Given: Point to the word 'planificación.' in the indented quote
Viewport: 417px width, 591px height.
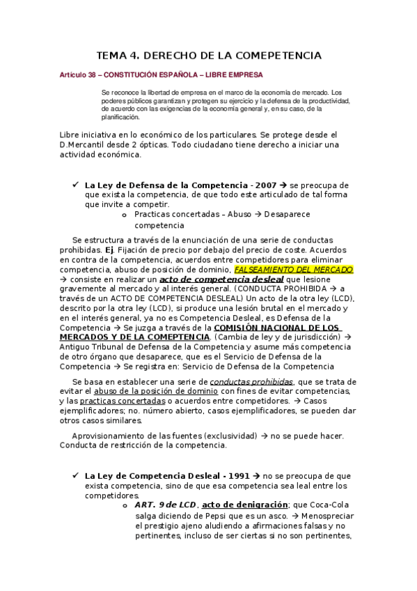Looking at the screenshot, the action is (x=120, y=117).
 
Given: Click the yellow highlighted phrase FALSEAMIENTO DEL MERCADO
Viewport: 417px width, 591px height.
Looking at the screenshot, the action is (x=293, y=269).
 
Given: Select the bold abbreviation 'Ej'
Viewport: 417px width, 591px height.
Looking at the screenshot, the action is (x=109, y=250).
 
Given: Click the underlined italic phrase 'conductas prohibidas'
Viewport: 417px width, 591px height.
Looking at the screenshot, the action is (x=251, y=381).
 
